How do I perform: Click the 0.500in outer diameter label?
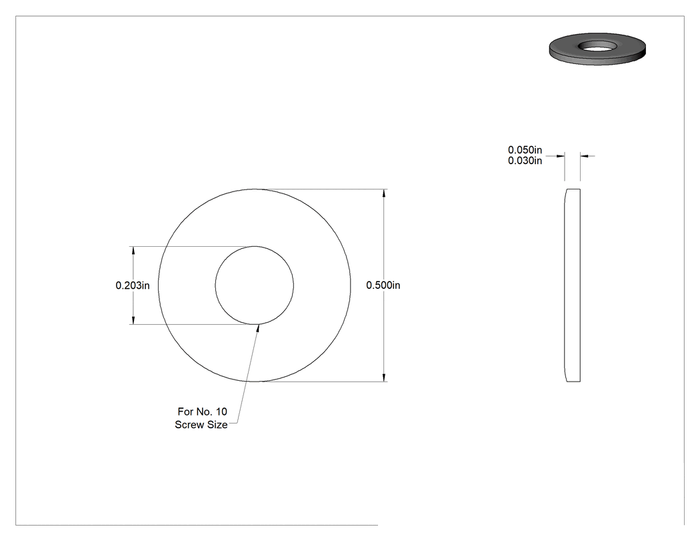coord(383,285)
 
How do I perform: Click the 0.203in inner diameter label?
coord(133,285)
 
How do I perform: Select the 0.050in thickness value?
coord(525,150)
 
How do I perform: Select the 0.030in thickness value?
coord(525,161)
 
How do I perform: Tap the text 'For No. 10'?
coord(202,412)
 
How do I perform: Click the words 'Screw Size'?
coord(201,425)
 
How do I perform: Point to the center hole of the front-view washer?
coord(255,286)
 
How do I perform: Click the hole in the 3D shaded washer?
coord(597,45)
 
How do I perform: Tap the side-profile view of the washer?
coord(572,286)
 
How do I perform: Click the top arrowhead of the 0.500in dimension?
coord(383,193)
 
